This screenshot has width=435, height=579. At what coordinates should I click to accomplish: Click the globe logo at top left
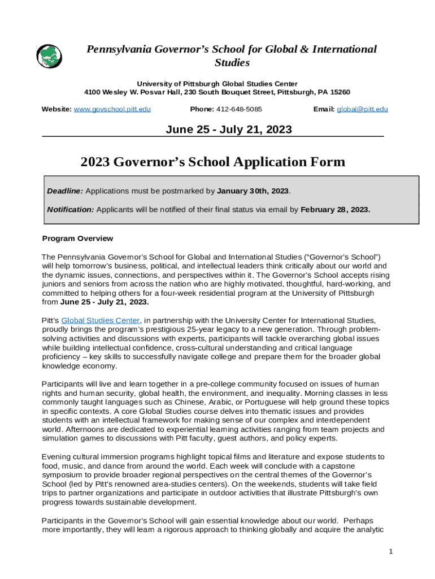click(x=50, y=56)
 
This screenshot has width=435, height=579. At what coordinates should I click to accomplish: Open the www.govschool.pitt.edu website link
click(x=112, y=109)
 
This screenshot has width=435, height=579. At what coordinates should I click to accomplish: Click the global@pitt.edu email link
click(x=362, y=109)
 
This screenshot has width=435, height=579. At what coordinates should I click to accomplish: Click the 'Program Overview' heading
click(x=77, y=238)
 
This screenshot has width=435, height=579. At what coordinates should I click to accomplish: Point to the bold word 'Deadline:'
click(x=65, y=191)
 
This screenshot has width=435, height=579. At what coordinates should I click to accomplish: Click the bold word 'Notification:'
click(x=71, y=209)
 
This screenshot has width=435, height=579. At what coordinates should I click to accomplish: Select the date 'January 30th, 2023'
click(x=253, y=191)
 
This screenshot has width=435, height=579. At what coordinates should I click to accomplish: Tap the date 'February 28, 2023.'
click(x=335, y=209)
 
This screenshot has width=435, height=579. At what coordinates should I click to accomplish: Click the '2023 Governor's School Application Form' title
click(x=212, y=162)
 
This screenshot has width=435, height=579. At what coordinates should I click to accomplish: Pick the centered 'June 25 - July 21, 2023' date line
click(x=228, y=129)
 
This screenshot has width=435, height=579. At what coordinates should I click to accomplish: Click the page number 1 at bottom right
click(x=390, y=551)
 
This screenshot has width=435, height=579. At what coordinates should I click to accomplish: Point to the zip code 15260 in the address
click(x=340, y=92)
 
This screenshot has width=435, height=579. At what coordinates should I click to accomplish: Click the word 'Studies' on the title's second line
click(x=232, y=62)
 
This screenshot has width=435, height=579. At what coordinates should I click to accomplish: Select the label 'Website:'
click(x=56, y=109)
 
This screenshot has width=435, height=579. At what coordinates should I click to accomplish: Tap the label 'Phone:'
click(x=201, y=109)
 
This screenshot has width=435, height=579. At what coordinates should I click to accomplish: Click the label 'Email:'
click(x=324, y=109)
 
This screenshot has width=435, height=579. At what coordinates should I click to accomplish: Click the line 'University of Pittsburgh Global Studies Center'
click(x=217, y=84)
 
